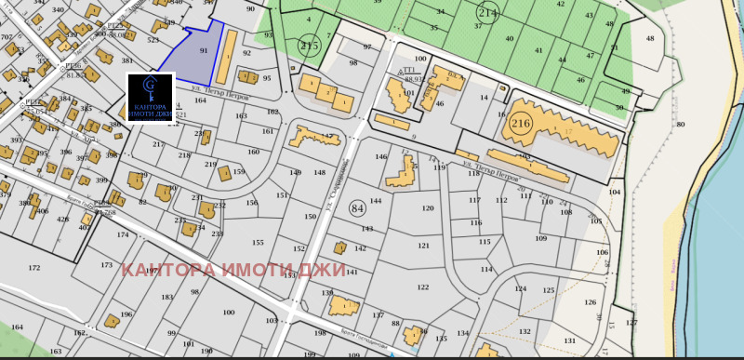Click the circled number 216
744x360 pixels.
[x=521, y=123]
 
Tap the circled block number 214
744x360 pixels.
[x=487, y=11]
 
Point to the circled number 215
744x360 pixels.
[x=309, y=44]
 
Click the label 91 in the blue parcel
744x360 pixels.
[x=204, y=50]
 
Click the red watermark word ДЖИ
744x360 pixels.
[x=323, y=270]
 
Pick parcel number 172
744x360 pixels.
[x=34, y=268]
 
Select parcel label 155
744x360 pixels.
[x=258, y=243]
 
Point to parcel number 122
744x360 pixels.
[x=423, y=287]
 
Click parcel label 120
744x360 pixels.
[x=428, y=208]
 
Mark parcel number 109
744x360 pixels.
[x=541, y=239]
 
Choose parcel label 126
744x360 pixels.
[x=590, y=302]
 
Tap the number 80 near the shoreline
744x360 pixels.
[x=680, y=125]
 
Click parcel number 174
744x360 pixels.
[x=123, y=234]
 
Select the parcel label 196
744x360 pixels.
[x=126, y=314]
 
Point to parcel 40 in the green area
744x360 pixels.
[x=509, y=38]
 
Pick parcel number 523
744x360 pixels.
[x=153, y=41]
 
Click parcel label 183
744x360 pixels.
[x=167, y=298]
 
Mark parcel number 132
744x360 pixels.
[x=525, y=331]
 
